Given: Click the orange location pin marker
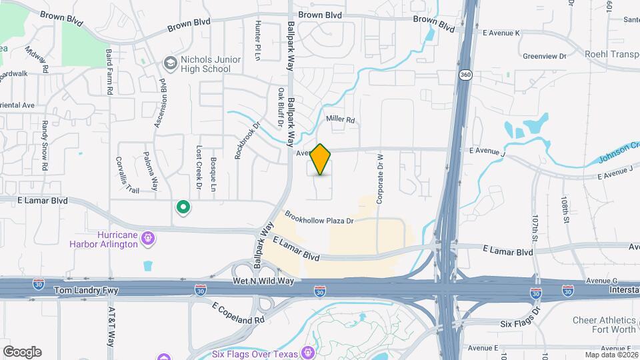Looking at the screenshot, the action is [x=321, y=159].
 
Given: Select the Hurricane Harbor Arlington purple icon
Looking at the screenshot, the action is [x=148, y=237].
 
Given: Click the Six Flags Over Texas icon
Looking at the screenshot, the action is [x=308, y=352].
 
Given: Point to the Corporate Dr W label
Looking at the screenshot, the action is [x=380, y=177].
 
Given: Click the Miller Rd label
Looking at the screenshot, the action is [x=340, y=119].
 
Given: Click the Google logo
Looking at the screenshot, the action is [x=22, y=351].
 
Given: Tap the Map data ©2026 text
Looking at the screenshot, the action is [x=611, y=355].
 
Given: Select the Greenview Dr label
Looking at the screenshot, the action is [x=545, y=57].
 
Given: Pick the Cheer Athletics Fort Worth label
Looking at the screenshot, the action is [x=605, y=325].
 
